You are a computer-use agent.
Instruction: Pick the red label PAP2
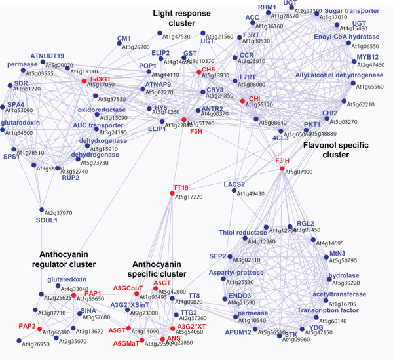[x=27, y=325]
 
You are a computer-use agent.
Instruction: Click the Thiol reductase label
[x=237, y=233]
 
